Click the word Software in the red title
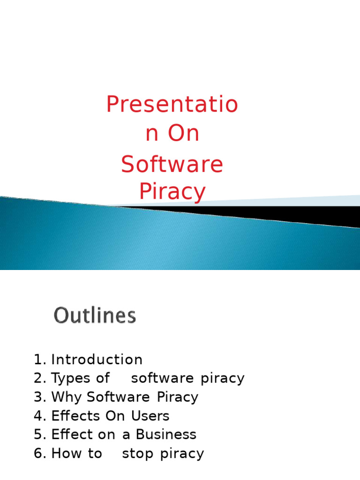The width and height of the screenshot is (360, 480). [x=172, y=165]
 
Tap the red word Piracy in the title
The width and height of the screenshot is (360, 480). [x=172, y=192]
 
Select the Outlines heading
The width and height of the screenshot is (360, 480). [x=95, y=315]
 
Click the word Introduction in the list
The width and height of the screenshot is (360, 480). [x=97, y=360]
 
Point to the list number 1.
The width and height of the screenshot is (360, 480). [x=39, y=360]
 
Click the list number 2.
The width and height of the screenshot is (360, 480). [x=39, y=378]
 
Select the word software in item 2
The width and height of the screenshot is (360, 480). [x=162, y=378]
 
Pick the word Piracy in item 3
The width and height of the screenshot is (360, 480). [x=178, y=397]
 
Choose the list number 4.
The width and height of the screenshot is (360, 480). [x=39, y=416]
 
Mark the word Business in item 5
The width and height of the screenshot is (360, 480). [x=166, y=435]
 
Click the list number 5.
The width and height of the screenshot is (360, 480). [x=39, y=435]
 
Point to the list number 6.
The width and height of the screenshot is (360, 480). [x=39, y=453]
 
